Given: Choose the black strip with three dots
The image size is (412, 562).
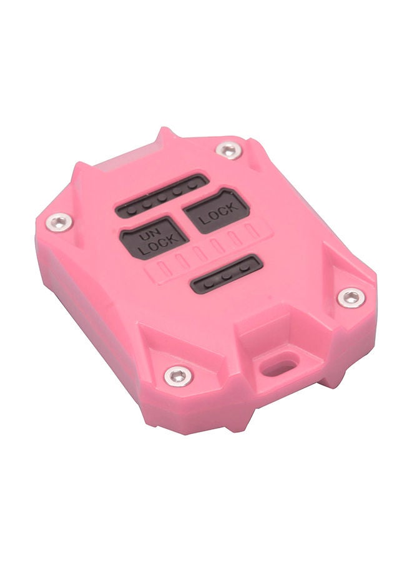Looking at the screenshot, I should point(227,275).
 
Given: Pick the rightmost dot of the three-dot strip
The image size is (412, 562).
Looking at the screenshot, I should point(244,267).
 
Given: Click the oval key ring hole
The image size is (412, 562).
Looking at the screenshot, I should point(278,363).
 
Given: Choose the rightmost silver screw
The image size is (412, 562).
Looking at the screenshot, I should point(351,297).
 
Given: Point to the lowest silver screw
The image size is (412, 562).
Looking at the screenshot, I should point(179,375).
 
